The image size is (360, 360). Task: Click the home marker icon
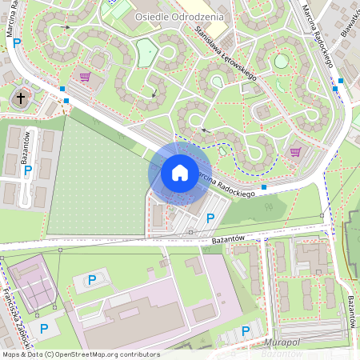(x=180, y=172)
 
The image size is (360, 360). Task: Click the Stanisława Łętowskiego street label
(x=225, y=52)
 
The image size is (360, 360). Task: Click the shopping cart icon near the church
(x=84, y=77)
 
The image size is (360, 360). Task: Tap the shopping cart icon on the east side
(x=295, y=151)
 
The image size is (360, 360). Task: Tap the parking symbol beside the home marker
(x=210, y=218)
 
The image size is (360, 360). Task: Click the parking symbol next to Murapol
(x=246, y=330)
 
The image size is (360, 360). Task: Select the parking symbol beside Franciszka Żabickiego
(x=43, y=328)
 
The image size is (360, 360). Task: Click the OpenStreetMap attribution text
(x=80, y=354)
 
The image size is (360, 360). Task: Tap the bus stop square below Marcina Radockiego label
(x=263, y=186)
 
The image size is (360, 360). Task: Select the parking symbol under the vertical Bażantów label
(x=28, y=170)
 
